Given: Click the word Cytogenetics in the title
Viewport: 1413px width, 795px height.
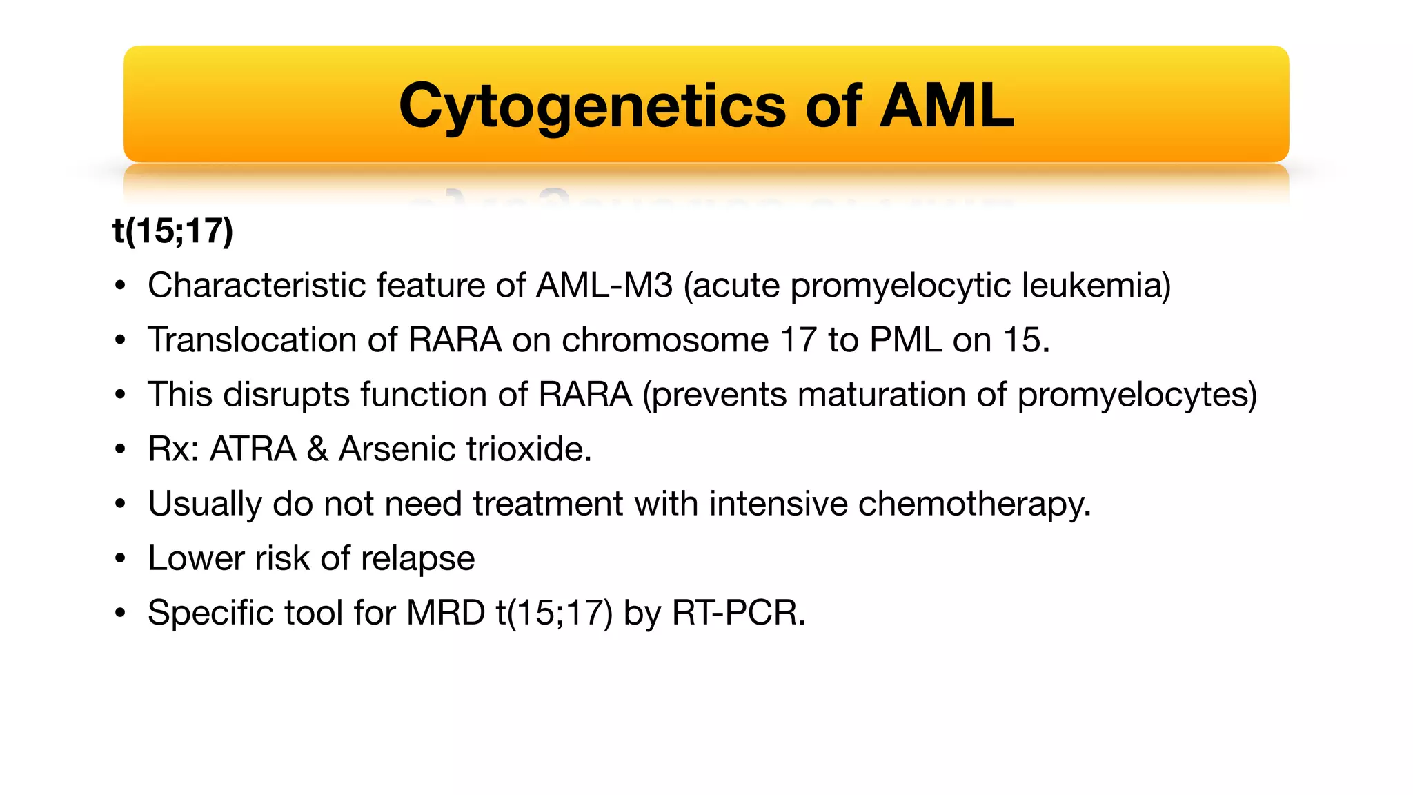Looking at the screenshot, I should click(x=592, y=106).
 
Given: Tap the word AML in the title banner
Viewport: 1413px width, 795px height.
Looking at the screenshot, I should click(x=947, y=106).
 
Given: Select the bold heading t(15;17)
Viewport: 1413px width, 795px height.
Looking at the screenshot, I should click(x=173, y=230).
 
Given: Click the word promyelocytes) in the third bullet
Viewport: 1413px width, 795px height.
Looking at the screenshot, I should click(x=1137, y=395).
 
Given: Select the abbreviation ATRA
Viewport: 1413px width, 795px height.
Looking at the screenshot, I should click(x=253, y=449).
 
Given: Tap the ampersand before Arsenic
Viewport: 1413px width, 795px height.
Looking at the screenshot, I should click(x=317, y=449).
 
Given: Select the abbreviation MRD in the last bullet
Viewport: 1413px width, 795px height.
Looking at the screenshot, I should click(x=446, y=613).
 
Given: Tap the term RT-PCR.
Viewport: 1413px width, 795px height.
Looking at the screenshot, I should click(x=738, y=613).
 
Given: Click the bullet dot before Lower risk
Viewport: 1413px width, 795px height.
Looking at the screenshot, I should click(x=121, y=558).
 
